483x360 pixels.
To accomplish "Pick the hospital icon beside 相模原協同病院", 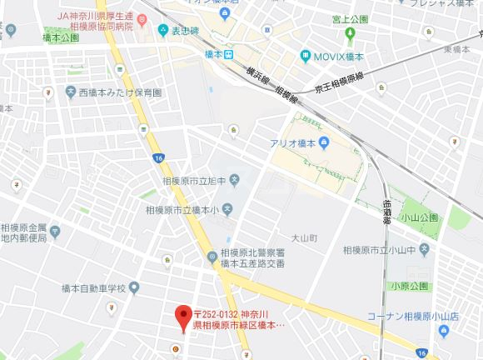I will pyautogui.click(x=163, y=32).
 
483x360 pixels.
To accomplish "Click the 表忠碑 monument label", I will pyautogui.click(x=187, y=32).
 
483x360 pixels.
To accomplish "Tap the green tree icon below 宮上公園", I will pyautogui.click(x=350, y=34).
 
